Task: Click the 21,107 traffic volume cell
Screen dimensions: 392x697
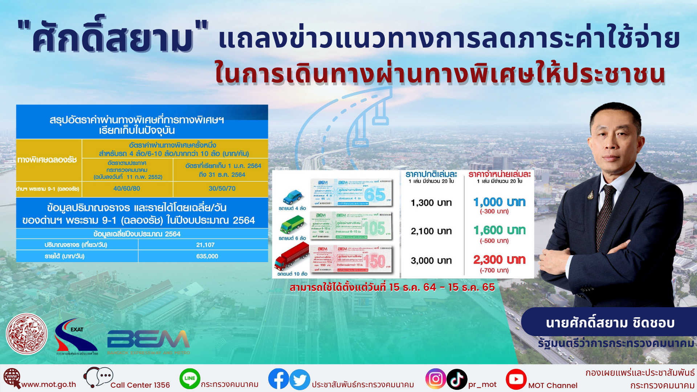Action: (205, 245)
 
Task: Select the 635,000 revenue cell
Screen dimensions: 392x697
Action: (207, 256)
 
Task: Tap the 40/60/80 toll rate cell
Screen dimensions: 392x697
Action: (127, 188)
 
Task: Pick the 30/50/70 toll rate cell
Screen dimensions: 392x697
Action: (222, 188)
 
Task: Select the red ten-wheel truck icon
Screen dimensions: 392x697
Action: (292, 256)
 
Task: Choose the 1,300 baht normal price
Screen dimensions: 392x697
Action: (431, 203)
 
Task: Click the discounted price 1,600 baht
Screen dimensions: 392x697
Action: (500, 230)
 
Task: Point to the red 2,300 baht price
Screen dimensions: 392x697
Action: (500, 260)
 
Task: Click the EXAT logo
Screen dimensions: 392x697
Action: (76, 336)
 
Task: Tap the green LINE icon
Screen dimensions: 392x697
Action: (190, 379)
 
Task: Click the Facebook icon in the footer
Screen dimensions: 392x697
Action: (278, 379)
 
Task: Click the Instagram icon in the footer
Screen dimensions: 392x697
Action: (435, 379)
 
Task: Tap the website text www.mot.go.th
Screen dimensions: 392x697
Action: (49, 385)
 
